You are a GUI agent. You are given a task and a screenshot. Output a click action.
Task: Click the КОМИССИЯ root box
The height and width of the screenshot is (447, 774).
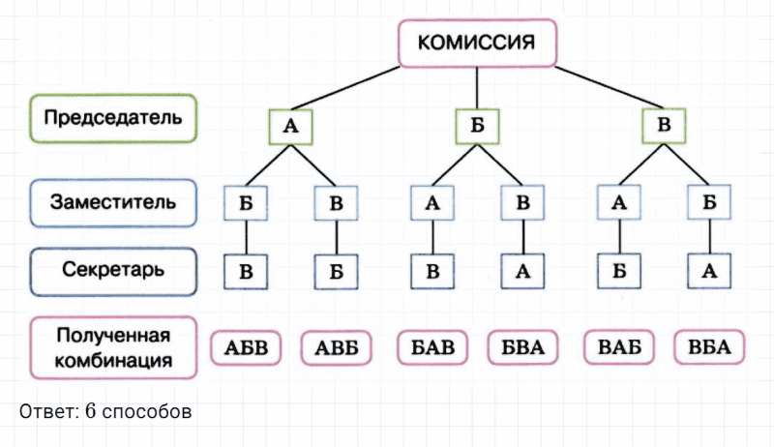(478, 43)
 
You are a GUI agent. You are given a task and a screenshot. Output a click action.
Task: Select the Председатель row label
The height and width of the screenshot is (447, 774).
(113, 118)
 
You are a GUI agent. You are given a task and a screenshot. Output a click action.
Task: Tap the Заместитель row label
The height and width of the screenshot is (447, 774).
(113, 203)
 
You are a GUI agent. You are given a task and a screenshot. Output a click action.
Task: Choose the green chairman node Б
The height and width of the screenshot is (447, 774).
(477, 126)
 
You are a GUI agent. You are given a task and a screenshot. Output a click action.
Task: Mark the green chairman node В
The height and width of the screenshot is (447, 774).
(664, 126)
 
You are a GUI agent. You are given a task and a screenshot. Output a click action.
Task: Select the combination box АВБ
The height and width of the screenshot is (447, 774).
(337, 348)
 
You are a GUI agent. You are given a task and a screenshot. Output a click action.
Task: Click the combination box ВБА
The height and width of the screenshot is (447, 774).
(708, 348)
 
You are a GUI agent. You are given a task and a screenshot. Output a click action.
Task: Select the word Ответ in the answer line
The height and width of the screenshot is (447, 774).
(45, 411)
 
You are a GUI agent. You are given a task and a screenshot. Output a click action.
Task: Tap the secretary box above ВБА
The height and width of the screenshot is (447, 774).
(708, 272)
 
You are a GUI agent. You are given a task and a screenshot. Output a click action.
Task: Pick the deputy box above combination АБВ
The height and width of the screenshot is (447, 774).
(246, 204)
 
